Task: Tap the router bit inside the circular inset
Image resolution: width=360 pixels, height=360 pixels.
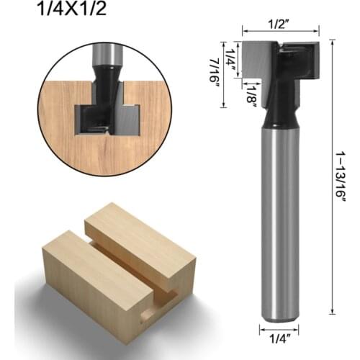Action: tap(108, 101)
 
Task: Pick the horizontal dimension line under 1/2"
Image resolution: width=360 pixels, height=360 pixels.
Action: tap(280, 32)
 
